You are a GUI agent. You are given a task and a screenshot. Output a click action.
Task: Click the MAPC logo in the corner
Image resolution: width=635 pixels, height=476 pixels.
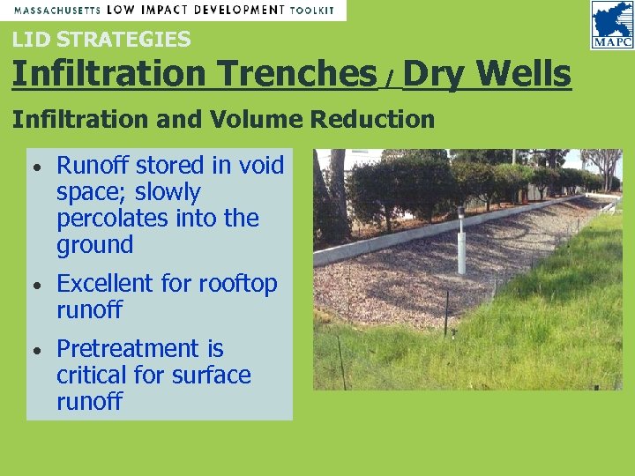(x=611, y=25)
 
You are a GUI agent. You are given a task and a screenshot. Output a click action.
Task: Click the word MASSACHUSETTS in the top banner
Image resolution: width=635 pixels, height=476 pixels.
(x=56, y=10)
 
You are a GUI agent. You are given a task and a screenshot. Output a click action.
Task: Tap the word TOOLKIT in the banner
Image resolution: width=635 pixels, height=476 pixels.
(x=313, y=10)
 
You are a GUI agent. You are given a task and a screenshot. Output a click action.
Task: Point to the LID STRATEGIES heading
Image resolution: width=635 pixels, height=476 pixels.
(x=101, y=40)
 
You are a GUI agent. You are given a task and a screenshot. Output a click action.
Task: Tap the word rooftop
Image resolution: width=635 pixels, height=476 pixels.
(x=237, y=284)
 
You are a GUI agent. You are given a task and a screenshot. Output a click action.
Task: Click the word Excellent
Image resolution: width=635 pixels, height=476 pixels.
(x=105, y=284)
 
